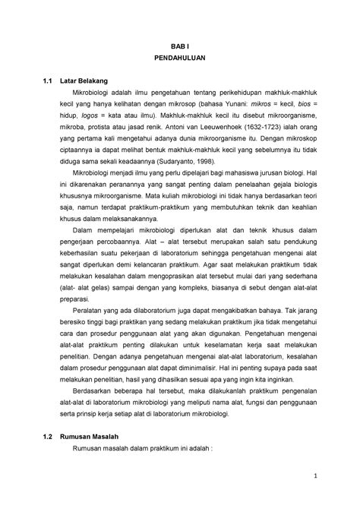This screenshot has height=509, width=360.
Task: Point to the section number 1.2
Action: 49,449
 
